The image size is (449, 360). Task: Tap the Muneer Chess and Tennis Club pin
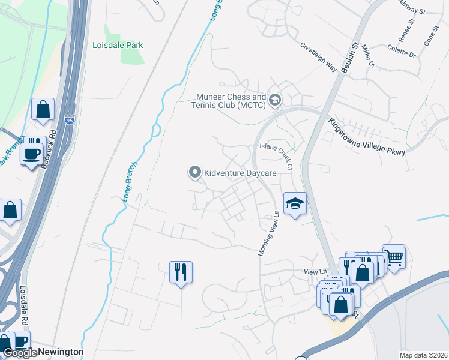coord(276,100)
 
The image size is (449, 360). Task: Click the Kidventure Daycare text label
coord(240,173)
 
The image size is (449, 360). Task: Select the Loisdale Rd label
coord(25,305)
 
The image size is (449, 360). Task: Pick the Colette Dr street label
coord(402,50)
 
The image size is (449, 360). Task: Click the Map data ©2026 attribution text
coord(423,355)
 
